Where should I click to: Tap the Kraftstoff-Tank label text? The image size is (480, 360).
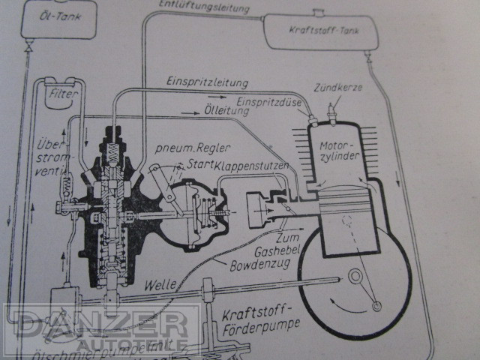coord(319,32)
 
